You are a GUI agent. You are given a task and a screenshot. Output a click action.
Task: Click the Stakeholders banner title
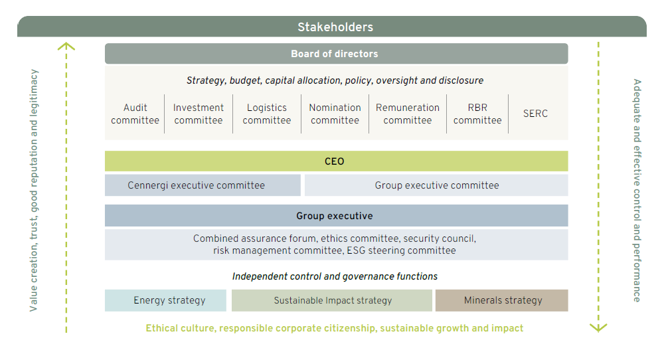(335, 27)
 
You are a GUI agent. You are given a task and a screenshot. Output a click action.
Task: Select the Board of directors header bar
(336, 54)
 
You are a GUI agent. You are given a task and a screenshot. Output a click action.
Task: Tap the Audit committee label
(135, 114)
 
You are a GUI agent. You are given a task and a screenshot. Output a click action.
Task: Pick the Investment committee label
(199, 114)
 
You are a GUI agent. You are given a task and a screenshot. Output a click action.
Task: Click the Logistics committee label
(267, 114)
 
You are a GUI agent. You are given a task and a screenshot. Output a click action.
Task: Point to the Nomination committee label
(335, 114)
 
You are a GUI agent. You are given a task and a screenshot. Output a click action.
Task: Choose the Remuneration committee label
(408, 114)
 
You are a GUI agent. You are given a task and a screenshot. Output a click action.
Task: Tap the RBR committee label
(477, 114)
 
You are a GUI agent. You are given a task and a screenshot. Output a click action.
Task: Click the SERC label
(535, 113)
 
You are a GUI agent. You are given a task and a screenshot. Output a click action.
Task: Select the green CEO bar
(336, 161)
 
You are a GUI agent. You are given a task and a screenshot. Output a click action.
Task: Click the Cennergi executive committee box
(203, 185)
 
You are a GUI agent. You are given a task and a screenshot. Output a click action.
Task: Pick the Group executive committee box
(436, 185)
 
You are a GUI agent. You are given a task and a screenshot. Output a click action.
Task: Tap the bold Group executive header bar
(336, 215)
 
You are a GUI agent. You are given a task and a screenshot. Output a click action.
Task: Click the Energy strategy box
(165, 300)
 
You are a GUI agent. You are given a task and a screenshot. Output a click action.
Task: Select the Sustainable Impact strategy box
(332, 300)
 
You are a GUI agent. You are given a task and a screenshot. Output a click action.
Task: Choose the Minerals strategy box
(501, 300)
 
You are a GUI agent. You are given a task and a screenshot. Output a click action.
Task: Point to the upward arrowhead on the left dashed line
(66, 46)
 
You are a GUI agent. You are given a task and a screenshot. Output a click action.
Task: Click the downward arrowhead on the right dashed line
(598, 328)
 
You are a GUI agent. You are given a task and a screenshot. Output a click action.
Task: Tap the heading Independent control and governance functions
(335, 276)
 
